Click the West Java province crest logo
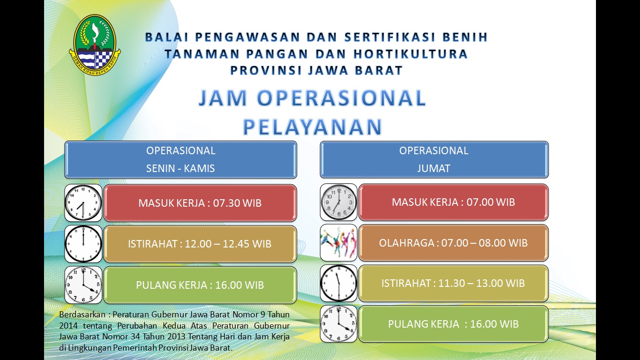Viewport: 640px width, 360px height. coord(95,45)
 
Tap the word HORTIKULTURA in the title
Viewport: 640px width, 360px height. coord(410,54)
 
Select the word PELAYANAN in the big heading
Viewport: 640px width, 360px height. coord(313,127)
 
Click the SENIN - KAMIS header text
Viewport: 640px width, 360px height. coord(180,168)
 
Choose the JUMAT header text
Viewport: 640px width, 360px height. coord(433,168)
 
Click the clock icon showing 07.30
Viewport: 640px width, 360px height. coord(83,202)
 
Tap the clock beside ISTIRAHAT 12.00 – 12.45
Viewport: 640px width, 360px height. coord(83,244)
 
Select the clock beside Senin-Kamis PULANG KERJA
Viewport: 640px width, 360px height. coord(83,285)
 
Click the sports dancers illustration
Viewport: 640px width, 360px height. coord(339,242)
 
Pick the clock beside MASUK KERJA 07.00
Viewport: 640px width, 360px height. coord(339,202)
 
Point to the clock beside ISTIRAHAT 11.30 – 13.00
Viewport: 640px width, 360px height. coord(339,283)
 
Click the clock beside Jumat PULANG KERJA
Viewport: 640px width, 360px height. coord(339,324)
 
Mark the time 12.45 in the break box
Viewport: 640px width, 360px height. coord(236,244)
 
